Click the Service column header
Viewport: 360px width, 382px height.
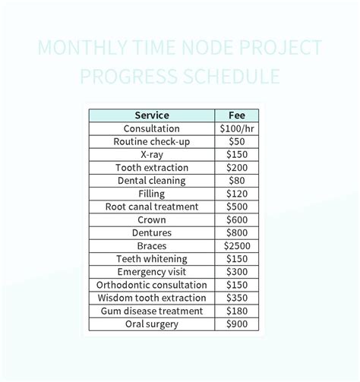coord(152,115)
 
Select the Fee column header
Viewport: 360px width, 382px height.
coord(236,115)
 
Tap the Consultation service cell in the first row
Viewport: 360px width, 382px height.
coord(152,129)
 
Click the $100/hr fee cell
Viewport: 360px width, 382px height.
coord(236,129)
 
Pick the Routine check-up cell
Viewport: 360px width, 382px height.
coord(152,142)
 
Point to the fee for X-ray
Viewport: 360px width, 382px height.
coord(236,155)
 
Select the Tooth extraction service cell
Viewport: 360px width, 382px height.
coord(152,168)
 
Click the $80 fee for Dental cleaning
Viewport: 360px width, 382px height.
coord(236,181)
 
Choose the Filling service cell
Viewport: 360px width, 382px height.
coord(152,194)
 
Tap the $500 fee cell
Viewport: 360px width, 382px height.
coord(236,207)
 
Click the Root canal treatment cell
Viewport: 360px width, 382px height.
coord(152,207)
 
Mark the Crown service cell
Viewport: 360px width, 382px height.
coord(152,219)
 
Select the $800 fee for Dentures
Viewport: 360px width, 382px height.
coord(236,233)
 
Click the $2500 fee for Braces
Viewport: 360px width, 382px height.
coord(236,246)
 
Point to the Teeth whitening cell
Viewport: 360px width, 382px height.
coord(152,259)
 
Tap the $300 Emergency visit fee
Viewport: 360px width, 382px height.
coord(236,272)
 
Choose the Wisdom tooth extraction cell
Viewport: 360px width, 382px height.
coord(152,298)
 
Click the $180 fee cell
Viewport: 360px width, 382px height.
coord(236,311)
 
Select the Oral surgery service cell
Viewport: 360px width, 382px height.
coord(152,324)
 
